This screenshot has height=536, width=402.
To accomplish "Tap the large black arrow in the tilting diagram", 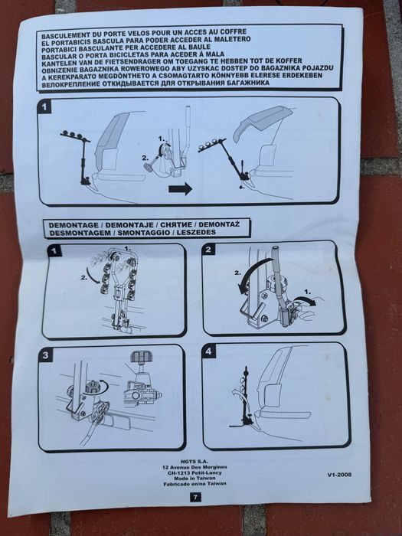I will pyautogui.click(x=180, y=188).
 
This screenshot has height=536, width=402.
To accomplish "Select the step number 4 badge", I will pyautogui.click(x=210, y=352).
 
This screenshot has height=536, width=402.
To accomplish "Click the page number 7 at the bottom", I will pyautogui.click(x=194, y=497).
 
